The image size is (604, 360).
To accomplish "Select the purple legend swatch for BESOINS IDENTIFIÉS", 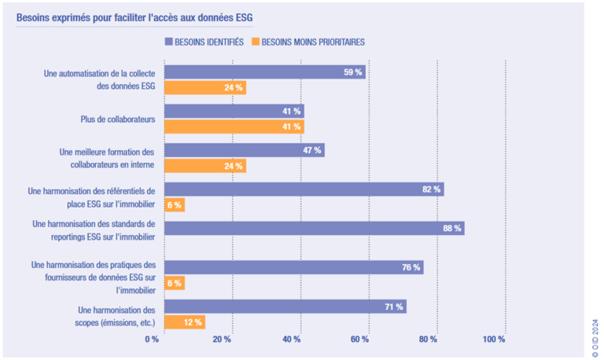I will tap(169, 41).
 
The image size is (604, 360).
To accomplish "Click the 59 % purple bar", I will tap(264, 72).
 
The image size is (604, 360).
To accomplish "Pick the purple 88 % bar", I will tap(314, 228).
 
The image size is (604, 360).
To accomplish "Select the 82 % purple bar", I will tap(304, 189).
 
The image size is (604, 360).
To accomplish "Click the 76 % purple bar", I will tap(293, 267).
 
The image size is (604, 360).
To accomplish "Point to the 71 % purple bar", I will tap(285, 307).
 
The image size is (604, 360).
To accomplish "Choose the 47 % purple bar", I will tap(244, 150).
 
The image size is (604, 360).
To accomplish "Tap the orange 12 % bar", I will tap(184, 321).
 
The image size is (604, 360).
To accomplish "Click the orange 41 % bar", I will tap(234, 127).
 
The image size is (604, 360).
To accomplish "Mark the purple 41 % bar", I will tap(234, 112).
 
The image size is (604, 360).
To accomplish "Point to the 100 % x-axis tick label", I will tap(494, 339).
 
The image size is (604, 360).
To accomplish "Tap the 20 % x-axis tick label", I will tap(222, 339).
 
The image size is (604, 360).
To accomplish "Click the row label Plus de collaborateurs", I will tap(118, 119).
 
